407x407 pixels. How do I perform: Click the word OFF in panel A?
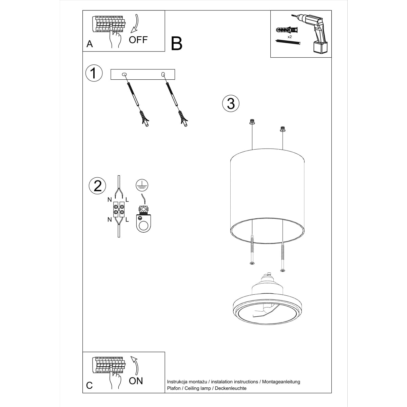[x=138, y=40]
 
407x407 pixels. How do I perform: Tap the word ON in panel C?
[x=136, y=381]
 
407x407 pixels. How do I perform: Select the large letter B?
[x=177, y=43]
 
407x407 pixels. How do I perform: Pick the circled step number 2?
[x=97, y=186]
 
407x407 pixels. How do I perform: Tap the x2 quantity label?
[x=290, y=36]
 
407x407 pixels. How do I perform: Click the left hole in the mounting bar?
[x=124, y=74]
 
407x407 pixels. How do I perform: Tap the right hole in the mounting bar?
[x=163, y=74]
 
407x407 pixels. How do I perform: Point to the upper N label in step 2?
[x=110, y=199]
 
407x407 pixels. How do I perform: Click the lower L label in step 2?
[x=127, y=220]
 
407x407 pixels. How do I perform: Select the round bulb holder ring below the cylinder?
[x=266, y=309]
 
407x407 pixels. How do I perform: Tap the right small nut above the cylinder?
[x=282, y=129]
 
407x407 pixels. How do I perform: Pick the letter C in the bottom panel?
[x=90, y=385]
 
